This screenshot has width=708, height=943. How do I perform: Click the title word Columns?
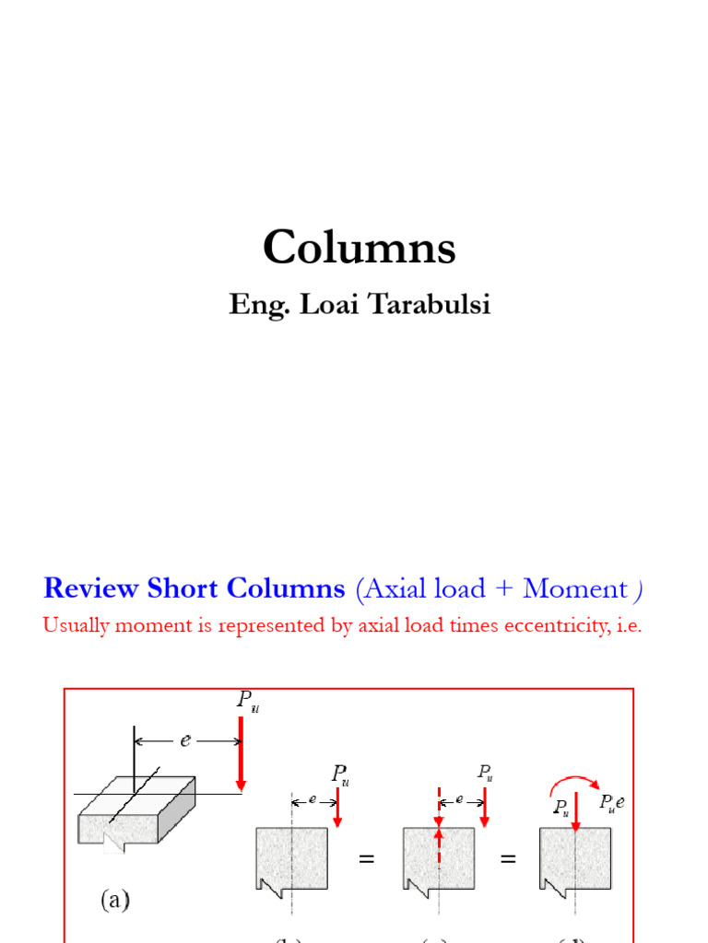[359, 249]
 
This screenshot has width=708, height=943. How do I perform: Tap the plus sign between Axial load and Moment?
[501, 589]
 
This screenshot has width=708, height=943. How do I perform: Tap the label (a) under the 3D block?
[114, 902]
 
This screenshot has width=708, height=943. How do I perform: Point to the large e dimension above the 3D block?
[186, 740]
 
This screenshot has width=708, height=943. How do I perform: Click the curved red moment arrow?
[572, 784]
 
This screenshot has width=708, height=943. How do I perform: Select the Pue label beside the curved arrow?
[611, 803]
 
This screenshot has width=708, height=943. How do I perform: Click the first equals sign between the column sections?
[367, 860]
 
